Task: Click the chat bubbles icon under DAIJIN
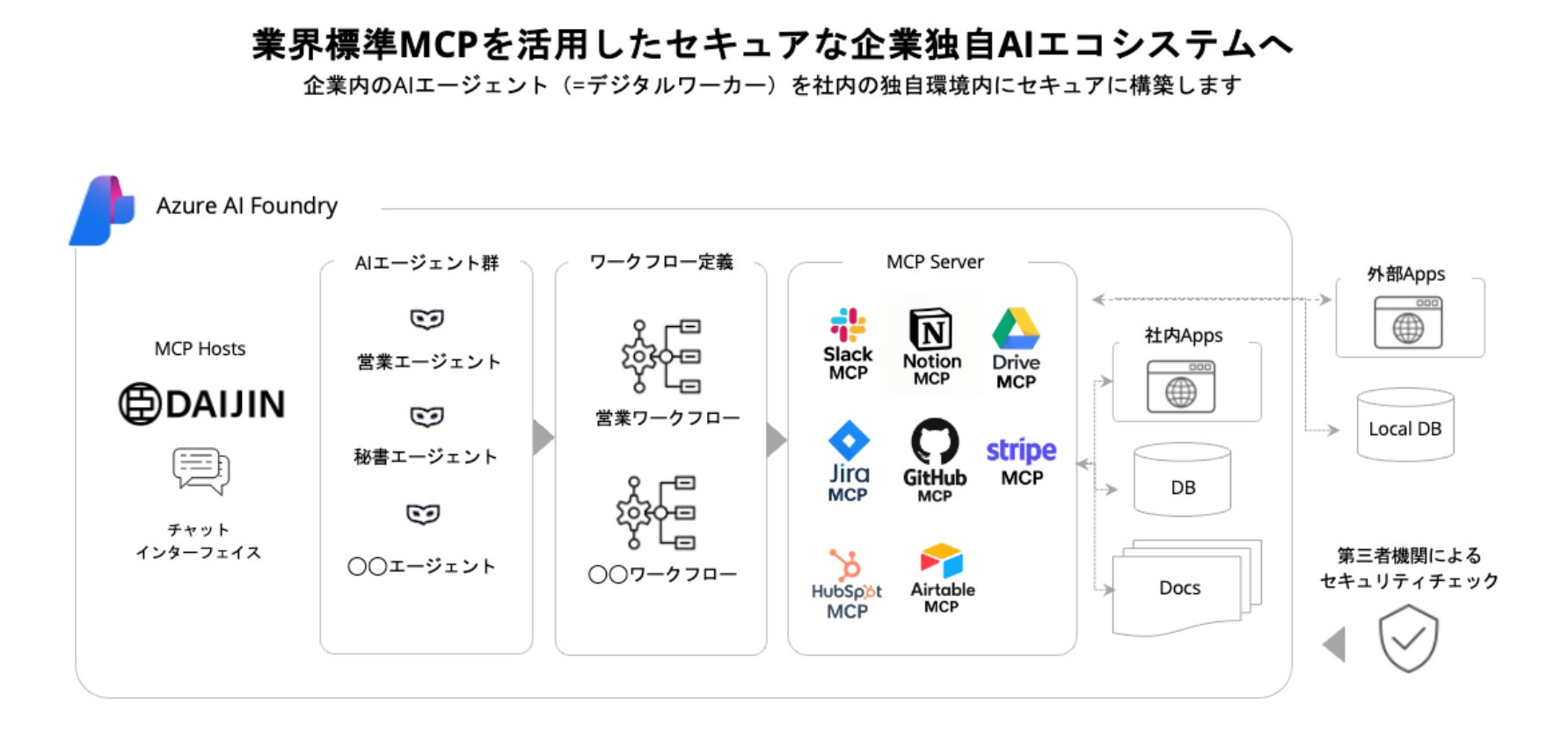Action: coord(201,470)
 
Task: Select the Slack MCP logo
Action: coord(848,325)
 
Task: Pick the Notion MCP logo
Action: coord(931,330)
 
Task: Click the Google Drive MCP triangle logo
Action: coord(1016,329)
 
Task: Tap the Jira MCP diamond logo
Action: coord(849,440)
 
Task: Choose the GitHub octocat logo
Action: coord(934,441)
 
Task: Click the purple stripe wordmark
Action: coord(1021,450)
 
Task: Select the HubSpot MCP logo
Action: coord(846,567)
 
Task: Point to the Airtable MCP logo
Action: coord(941,561)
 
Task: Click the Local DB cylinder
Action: coord(1404,425)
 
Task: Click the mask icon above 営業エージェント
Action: coord(427,319)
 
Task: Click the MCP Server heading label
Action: coord(935,262)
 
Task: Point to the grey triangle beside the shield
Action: coord(1335,644)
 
